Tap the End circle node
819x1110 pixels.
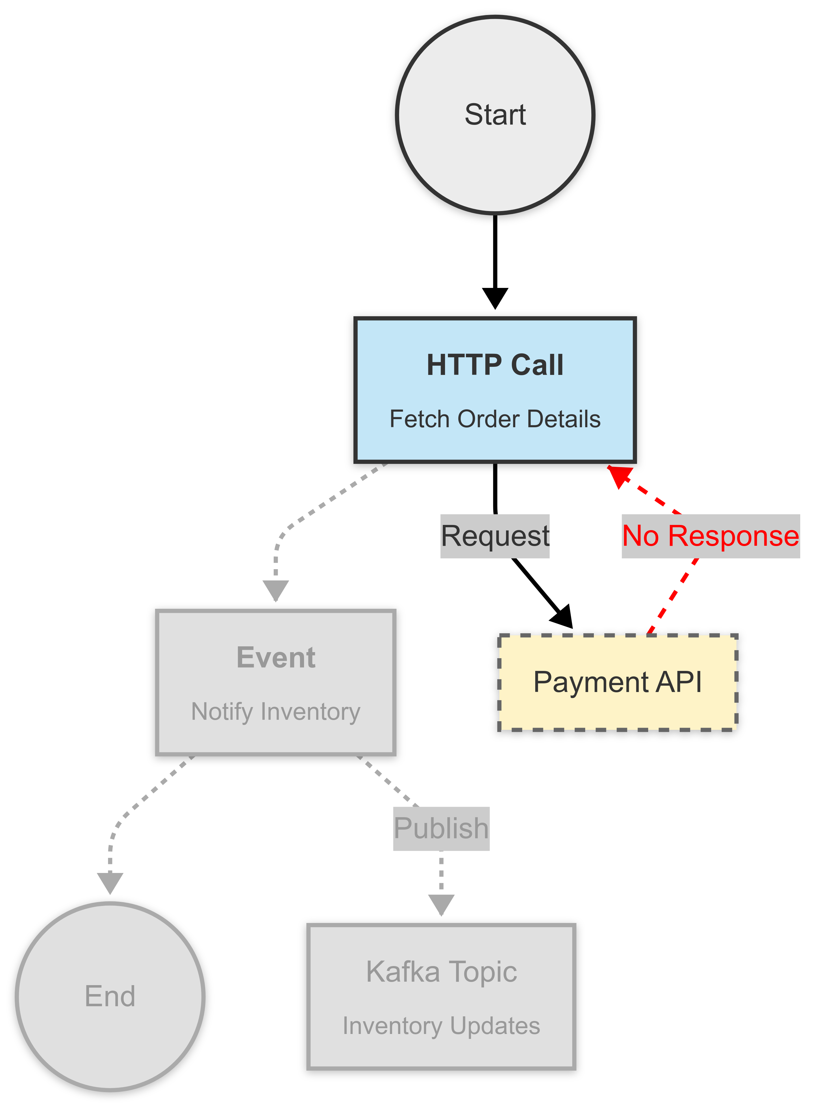(x=110, y=996)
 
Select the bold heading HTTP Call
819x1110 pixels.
(x=495, y=365)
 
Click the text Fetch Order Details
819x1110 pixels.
(x=495, y=419)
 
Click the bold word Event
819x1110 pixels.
(x=276, y=658)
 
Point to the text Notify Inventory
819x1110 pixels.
(x=276, y=711)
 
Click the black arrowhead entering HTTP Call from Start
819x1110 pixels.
(x=495, y=298)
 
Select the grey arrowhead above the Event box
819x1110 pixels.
(x=276, y=590)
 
